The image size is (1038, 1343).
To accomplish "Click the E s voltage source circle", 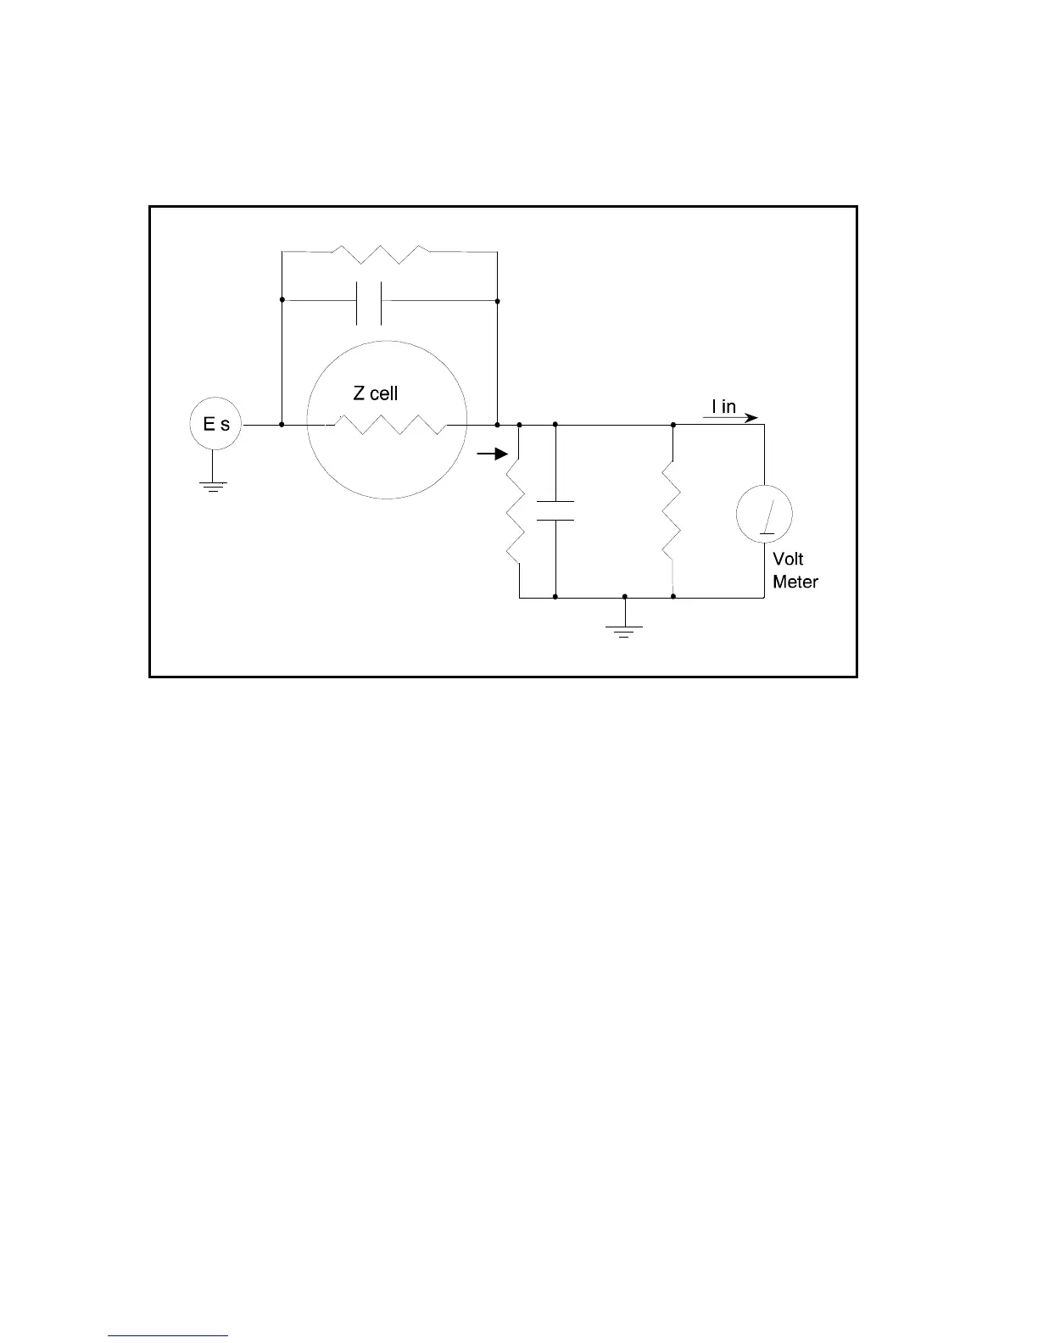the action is tap(215, 425).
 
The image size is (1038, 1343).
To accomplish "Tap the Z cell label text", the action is tap(375, 393).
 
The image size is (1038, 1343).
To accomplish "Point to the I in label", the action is tap(723, 407).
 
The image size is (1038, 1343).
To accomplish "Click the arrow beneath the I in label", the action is tap(731, 418).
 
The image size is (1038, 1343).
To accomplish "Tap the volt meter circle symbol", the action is tap(764, 514).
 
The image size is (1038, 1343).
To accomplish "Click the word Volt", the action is tap(788, 560).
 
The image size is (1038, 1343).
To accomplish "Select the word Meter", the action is tap(795, 582).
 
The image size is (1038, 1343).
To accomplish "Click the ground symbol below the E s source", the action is tap(213, 486).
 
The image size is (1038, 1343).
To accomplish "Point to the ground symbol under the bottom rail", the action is tap(624, 630).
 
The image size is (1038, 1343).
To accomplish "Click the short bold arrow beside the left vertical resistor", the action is tap(492, 454).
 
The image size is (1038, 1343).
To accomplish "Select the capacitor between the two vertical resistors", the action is tap(555, 510).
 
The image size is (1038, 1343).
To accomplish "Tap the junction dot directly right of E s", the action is tap(282, 424).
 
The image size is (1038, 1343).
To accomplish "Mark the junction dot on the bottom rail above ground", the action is tap(625, 597).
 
